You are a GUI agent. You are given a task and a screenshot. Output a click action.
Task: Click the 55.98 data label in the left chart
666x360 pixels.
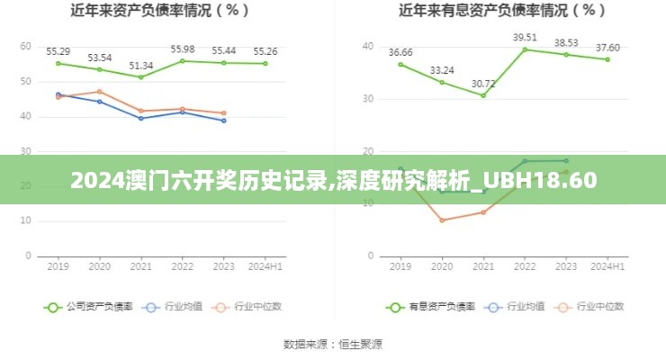pyautogui.click(x=182, y=49)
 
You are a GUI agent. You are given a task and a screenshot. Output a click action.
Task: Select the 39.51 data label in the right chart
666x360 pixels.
pyautogui.click(x=525, y=38)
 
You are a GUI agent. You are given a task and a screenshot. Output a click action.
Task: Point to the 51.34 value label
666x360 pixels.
pyautogui.click(x=140, y=66)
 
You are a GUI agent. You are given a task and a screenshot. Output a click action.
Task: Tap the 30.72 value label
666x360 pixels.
pyautogui.click(x=483, y=84)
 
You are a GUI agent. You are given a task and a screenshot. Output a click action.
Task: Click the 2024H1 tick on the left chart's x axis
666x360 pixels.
pyautogui.click(x=265, y=266)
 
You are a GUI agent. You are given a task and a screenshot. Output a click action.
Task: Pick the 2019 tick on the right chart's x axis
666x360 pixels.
pyautogui.click(x=400, y=266)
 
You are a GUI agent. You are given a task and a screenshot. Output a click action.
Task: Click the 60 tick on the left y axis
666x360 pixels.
pyautogui.click(x=25, y=46)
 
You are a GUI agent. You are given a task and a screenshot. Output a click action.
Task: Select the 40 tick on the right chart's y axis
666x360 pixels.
pyautogui.click(x=367, y=46)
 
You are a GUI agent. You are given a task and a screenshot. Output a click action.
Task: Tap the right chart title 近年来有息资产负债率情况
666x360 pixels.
pyautogui.click(x=502, y=11)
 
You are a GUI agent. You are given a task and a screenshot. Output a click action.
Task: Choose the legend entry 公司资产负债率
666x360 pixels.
pyautogui.click(x=89, y=307)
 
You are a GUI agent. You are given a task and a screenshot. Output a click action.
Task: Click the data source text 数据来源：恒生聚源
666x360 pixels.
pyautogui.click(x=332, y=344)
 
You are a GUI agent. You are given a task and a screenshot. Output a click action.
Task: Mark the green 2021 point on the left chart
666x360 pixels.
pyautogui.click(x=140, y=76)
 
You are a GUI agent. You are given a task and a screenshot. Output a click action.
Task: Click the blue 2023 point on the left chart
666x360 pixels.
pyautogui.click(x=223, y=121)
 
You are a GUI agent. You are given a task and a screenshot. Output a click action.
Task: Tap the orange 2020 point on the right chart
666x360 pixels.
pyautogui.click(x=442, y=220)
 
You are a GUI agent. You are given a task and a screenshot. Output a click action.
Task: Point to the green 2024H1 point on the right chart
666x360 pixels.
pyautogui.click(x=607, y=59)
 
